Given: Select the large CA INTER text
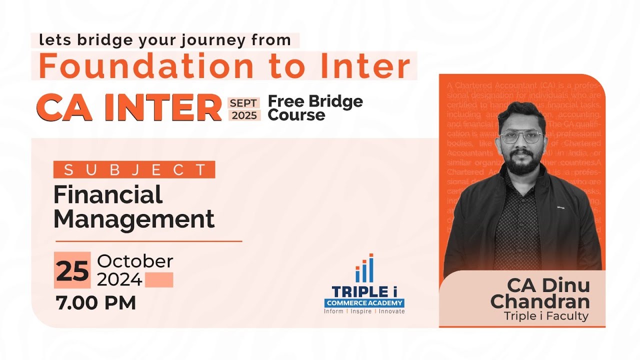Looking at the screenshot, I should pyautogui.click(x=129, y=108).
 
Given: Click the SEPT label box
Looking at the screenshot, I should pyautogui.click(x=243, y=103).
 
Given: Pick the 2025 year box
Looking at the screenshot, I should pyautogui.click(x=244, y=115).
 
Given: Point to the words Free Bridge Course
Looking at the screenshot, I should pyautogui.click(x=315, y=108).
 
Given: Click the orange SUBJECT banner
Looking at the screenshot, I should pyautogui.click(x=134, y=169).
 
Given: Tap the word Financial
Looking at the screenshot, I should pyautogui.click(x=108, y=194).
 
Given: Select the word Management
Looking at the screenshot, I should pyautogui.click(x=134, y=219).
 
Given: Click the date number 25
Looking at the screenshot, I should pyautogui.click(x=72, y=270).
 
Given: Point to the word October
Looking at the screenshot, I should pyautogui.click(x=135, y=261).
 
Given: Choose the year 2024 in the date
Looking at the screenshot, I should pyautogui.click(x=119, y=280).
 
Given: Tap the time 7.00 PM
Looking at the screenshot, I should pyautogui.click(x=96, y=303).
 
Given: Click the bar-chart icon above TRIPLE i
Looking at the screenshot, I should pyautogui.click(x=364, y=268).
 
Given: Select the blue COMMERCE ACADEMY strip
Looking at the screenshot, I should pyautogui.click(x=364, y=302).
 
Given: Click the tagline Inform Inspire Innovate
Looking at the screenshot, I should pyautogui.click(x=364, y=311).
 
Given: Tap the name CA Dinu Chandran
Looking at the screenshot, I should pyautogui.click(x=540, y=293).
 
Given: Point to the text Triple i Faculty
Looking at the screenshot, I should pyautogui.click(x=546, y=316).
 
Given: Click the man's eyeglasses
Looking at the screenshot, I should pyautogui.click(x=521, y=137).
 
